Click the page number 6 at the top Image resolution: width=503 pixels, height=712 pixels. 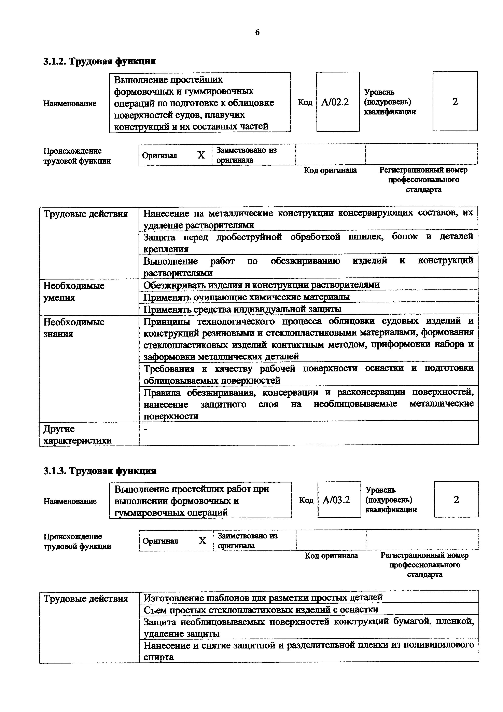click(x=257, y=32)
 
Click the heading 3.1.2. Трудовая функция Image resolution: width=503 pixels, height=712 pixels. click(x=99, y=61)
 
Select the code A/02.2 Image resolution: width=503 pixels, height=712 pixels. click(x=335, y=102)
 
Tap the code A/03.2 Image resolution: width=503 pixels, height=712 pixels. click(x=336, y=500)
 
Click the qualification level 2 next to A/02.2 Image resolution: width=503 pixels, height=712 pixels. click(x=455, y=102)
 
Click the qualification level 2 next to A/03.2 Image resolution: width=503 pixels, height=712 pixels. click(x=456, y=499)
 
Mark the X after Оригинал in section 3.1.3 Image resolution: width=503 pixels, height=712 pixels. click(x=202, y=541)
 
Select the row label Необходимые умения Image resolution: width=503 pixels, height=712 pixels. click(x=74, y=291)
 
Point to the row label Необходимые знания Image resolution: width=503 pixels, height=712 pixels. click(x=74, y=328)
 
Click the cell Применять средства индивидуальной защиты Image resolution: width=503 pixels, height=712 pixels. click(x=242, y=309)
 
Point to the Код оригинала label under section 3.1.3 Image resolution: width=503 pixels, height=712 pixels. click(x=331, y=555)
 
